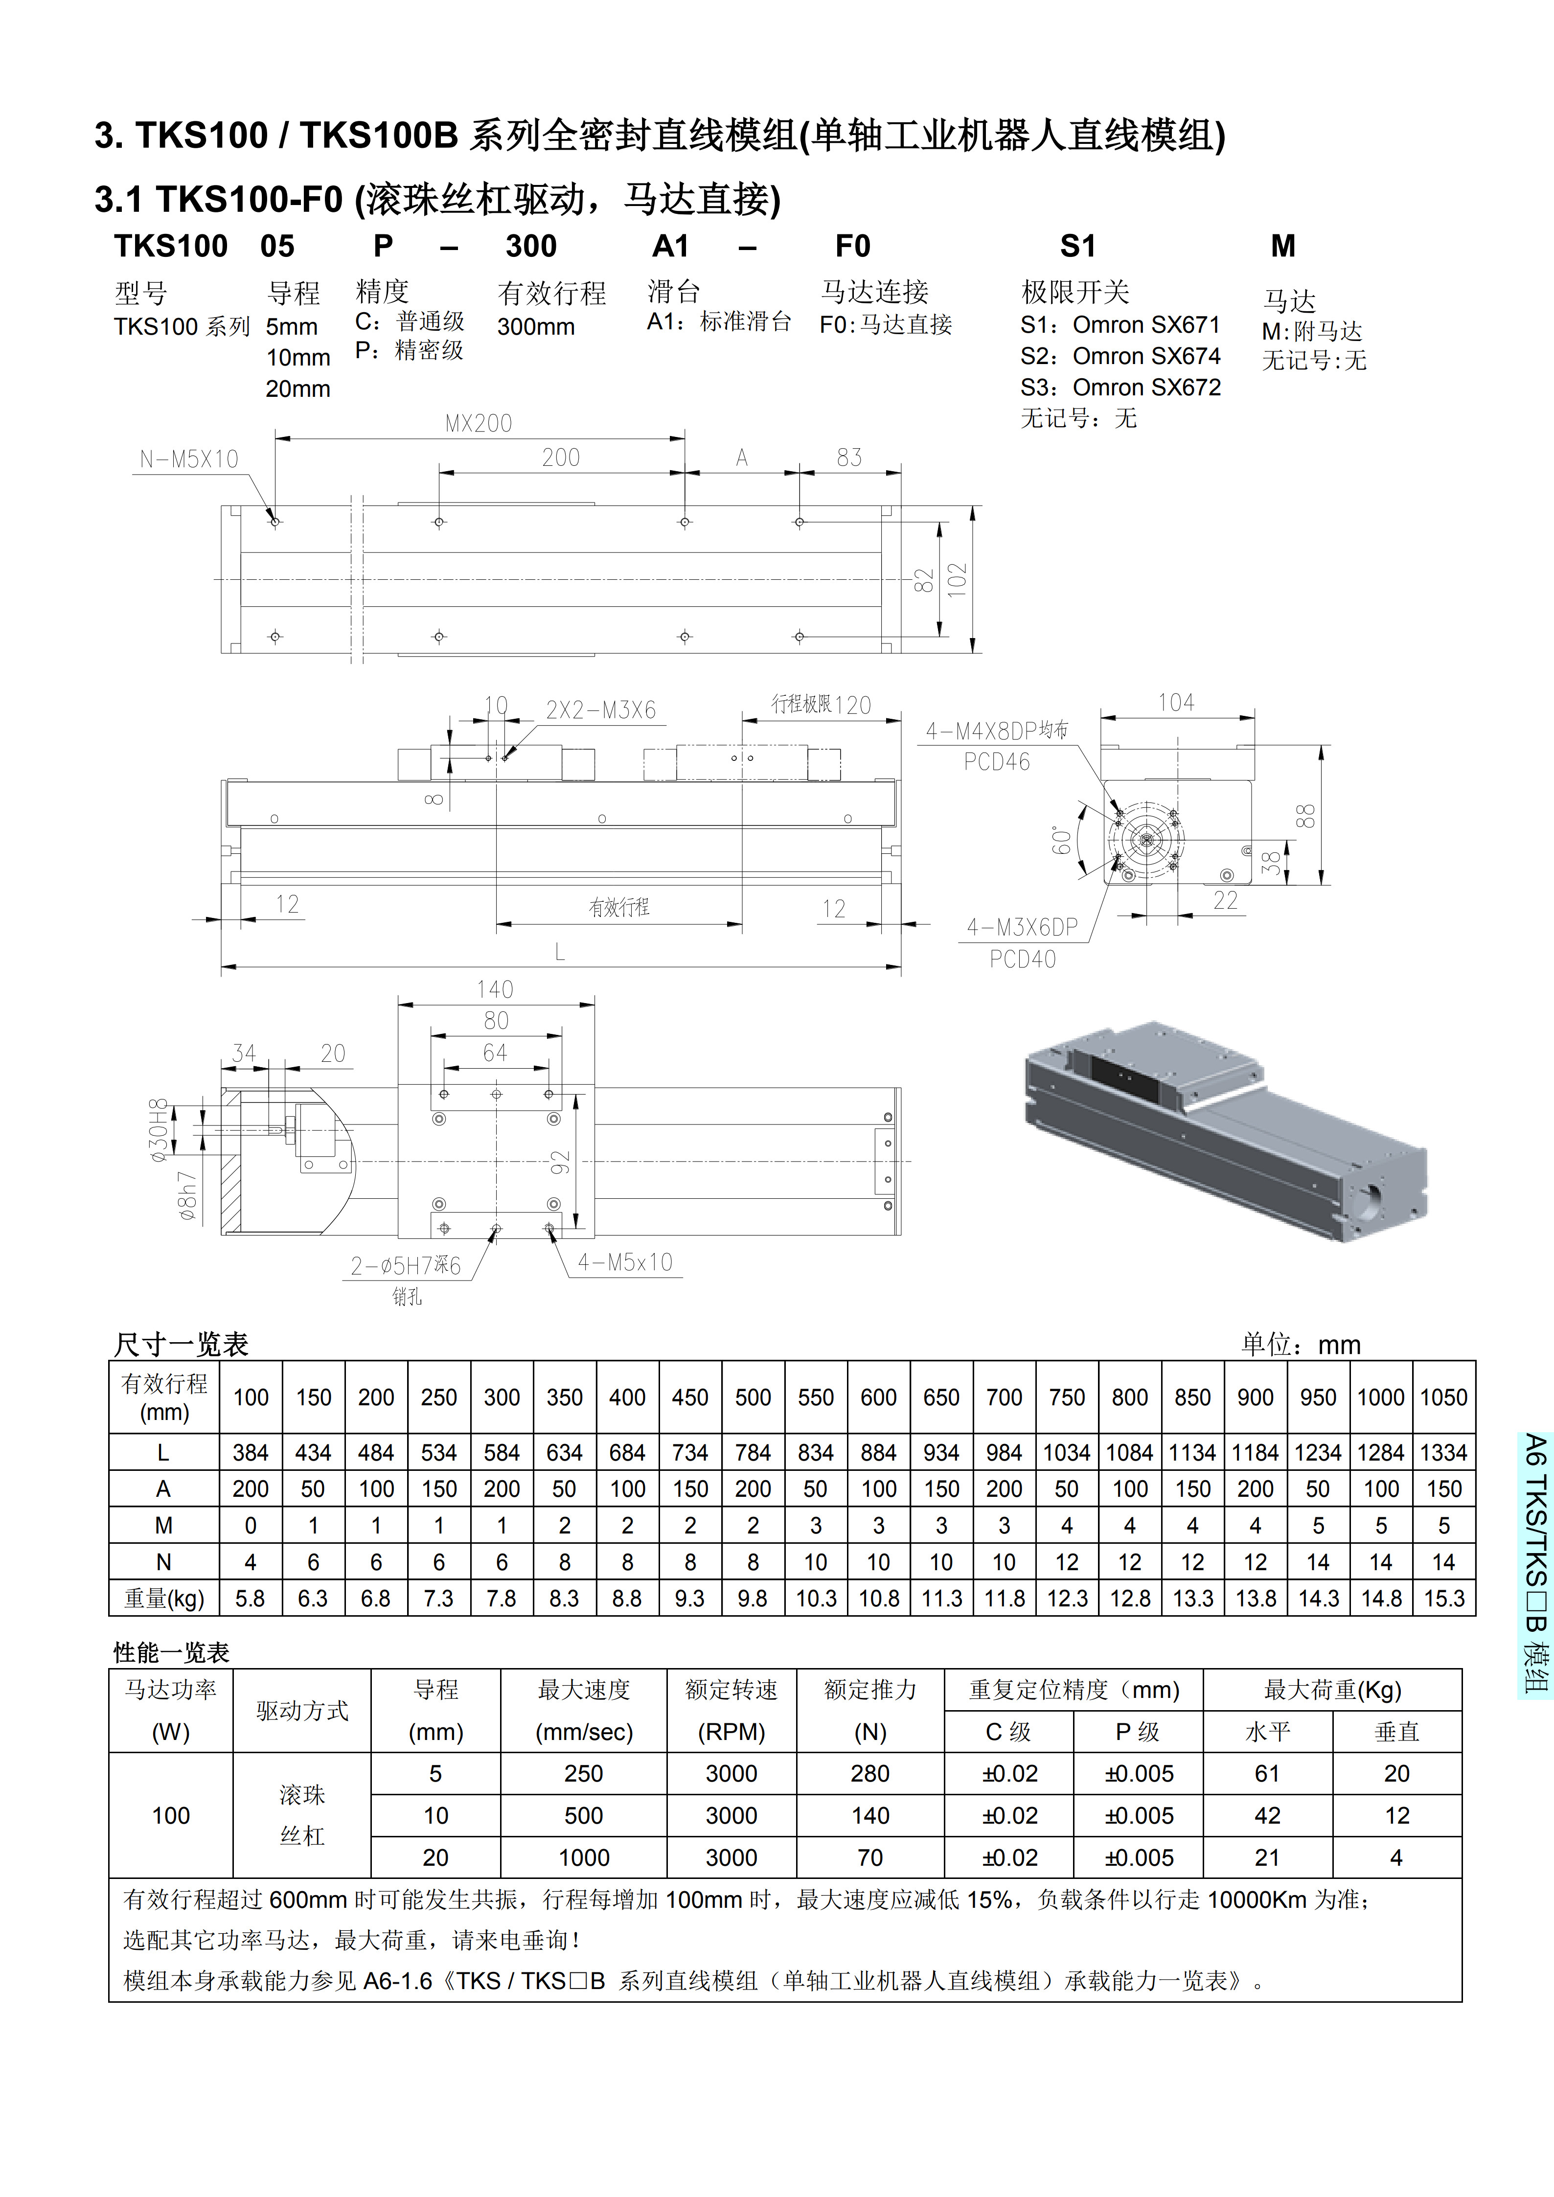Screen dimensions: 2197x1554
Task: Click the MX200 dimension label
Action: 479,423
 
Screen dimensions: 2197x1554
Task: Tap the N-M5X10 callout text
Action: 188,459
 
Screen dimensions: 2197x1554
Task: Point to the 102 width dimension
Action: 957,580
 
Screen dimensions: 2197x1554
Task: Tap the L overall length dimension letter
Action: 560,952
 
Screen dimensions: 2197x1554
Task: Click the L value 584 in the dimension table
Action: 502,1453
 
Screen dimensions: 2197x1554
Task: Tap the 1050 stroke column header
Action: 1443,1397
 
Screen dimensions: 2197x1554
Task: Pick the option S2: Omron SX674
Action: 1120,356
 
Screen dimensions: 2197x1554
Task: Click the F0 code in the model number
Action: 852,247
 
